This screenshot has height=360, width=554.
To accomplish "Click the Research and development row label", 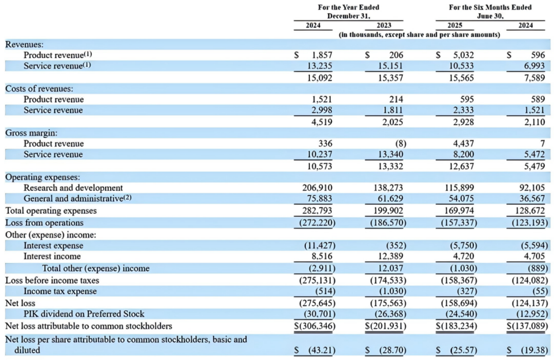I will click(73, 188).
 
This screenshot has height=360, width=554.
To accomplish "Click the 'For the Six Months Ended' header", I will click(490, 7).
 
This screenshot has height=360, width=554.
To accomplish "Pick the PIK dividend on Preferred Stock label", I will click(84, 314).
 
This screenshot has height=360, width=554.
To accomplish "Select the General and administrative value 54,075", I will click(460, 199).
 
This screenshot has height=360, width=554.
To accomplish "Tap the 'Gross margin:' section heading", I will click(31, 132).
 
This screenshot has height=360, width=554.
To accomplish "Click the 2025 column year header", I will click(454, 25).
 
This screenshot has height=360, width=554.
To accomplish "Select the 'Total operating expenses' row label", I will click(51, 211).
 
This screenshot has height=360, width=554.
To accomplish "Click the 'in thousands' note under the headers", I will click(420, 34).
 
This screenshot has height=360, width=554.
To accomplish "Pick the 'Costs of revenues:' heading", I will click(39, 89).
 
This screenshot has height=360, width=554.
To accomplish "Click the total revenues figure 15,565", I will click(461, 78).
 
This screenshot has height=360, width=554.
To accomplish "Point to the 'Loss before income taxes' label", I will click(52, 281).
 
